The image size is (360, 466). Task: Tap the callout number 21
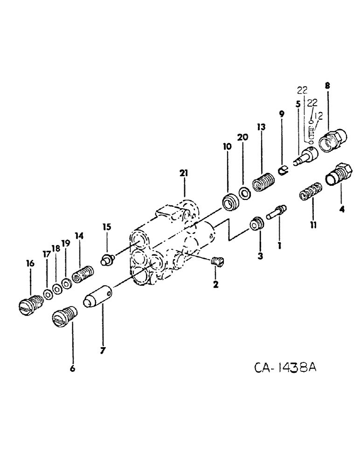184,173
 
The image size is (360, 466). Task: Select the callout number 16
31,264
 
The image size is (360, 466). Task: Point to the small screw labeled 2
216,263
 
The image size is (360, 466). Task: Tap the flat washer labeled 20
243,192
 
